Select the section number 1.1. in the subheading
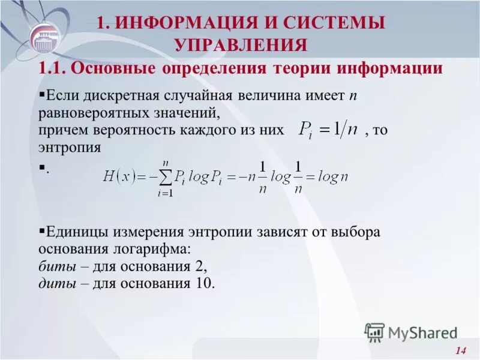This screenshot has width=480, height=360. (x=52, y=68)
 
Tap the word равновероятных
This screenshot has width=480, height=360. (x=91, y=113)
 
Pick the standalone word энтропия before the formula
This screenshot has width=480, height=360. (x=69, y=147)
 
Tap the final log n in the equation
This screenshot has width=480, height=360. (x=334, y=176)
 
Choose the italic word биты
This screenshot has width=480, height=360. (x=55, y=266)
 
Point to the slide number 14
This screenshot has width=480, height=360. (x=461, y=350)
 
